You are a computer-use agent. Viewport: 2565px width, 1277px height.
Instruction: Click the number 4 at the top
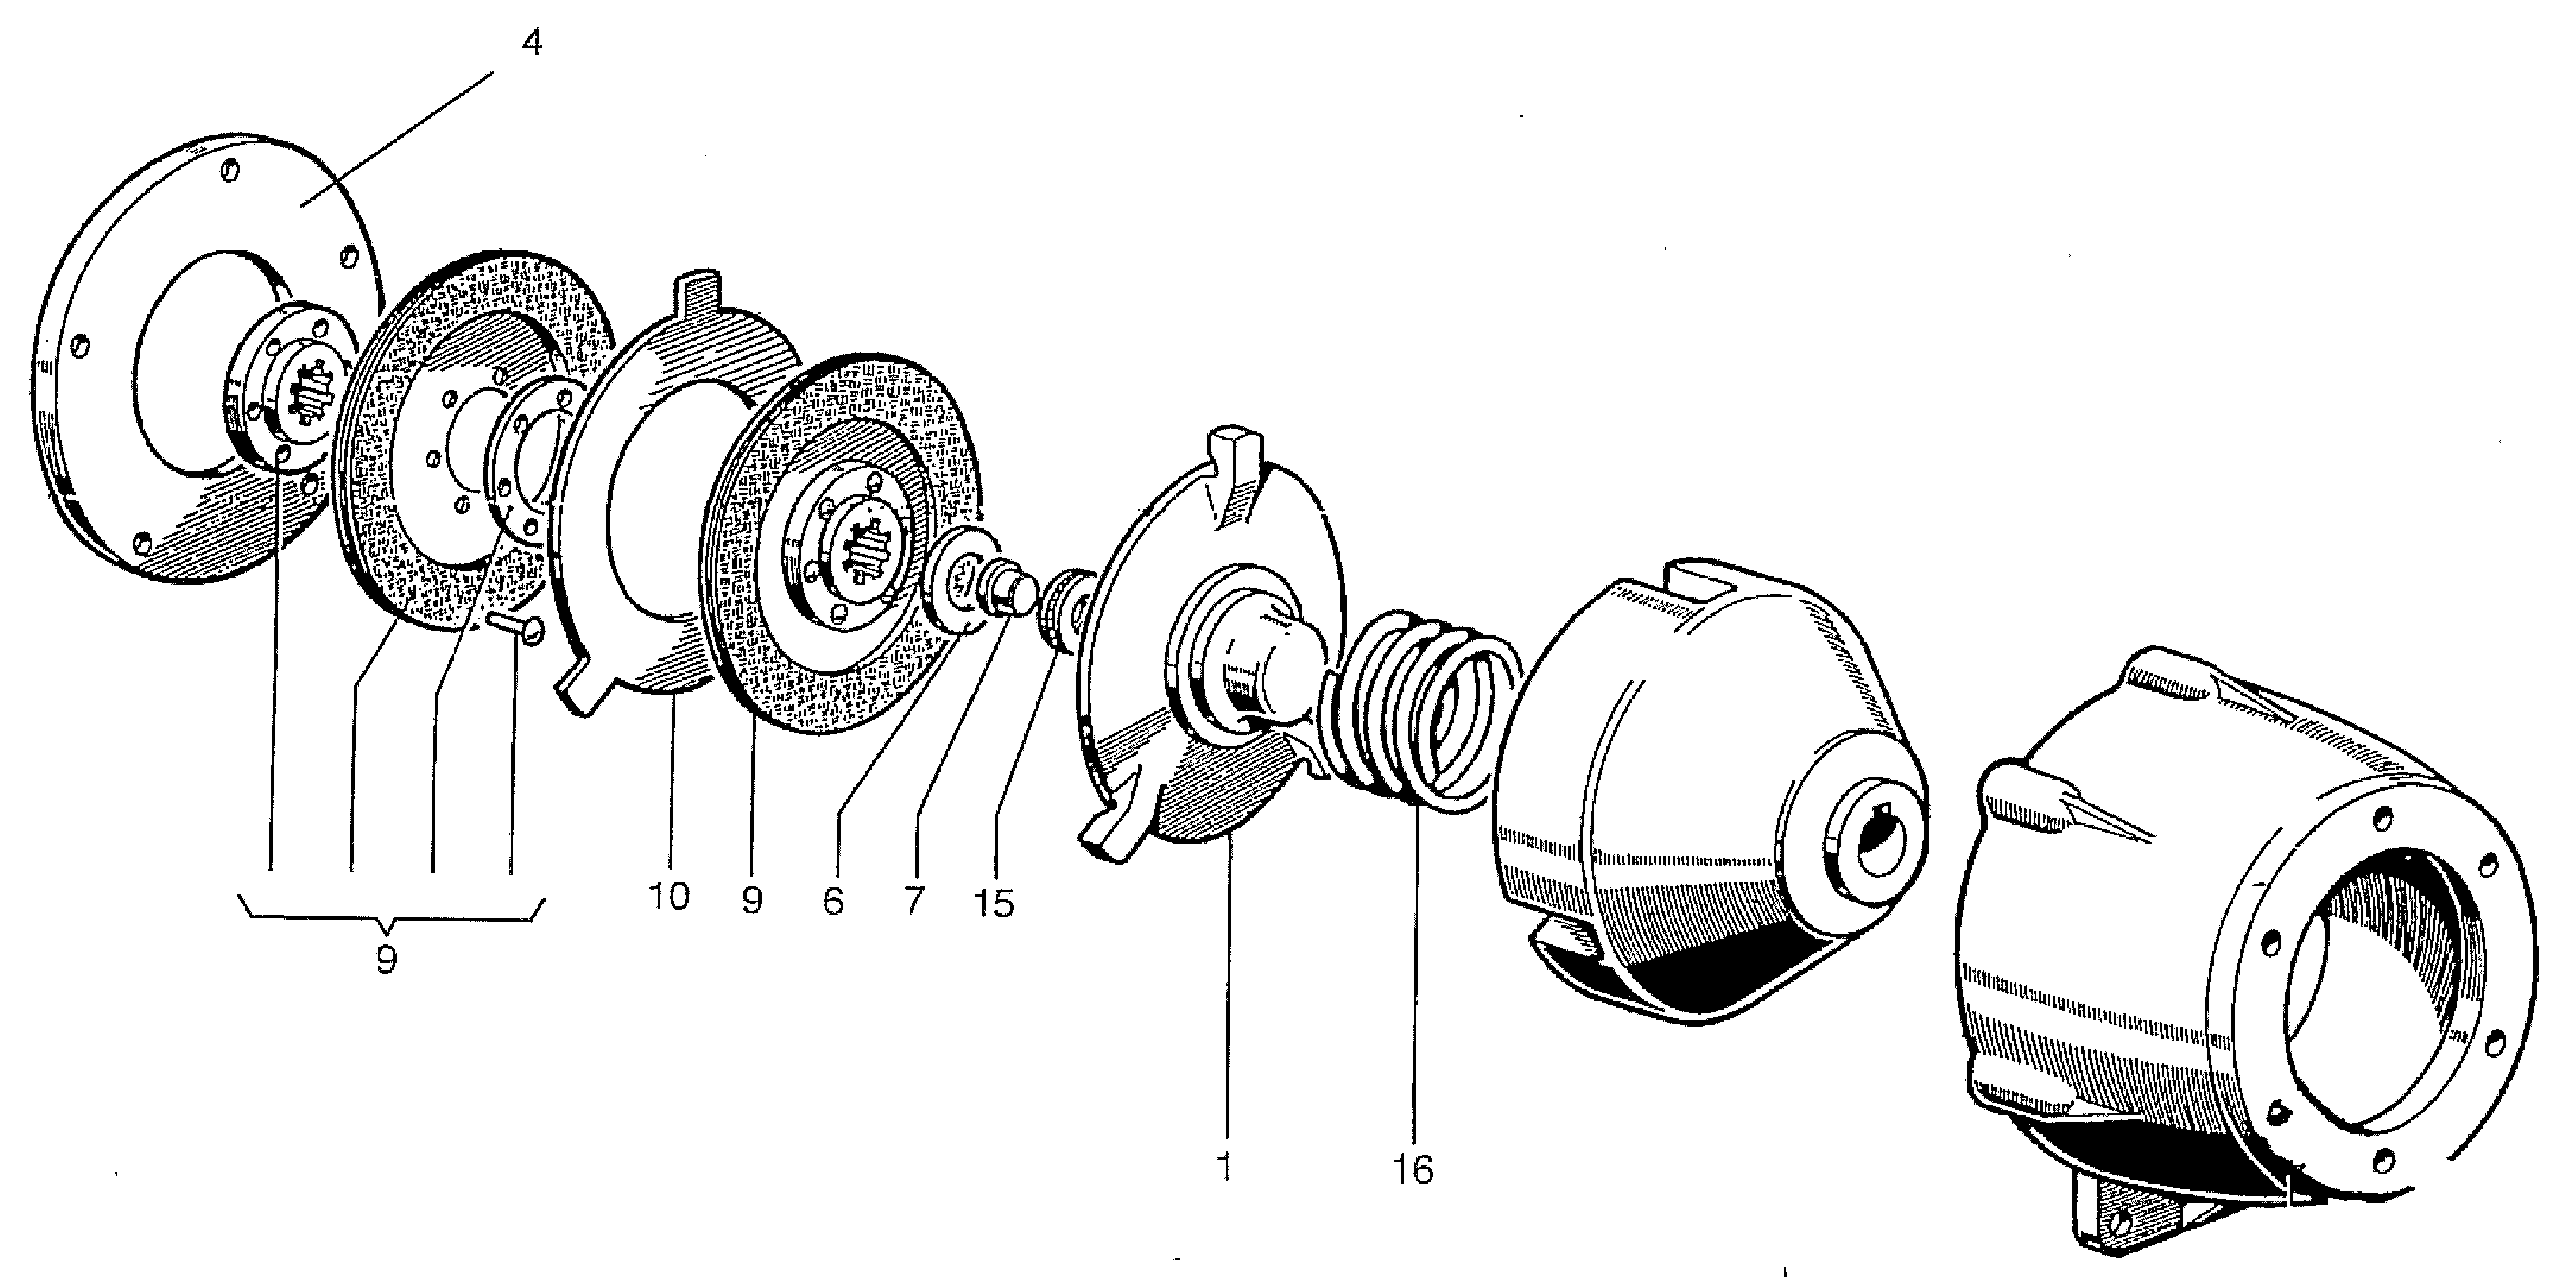533,44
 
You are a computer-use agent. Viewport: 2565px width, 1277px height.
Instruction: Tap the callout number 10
668,898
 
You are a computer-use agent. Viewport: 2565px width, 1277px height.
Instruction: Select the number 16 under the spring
1413,1169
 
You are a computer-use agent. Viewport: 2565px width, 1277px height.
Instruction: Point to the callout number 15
994,903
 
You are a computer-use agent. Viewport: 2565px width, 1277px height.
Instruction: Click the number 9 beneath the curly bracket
386,959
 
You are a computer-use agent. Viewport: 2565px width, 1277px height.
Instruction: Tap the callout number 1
1224,1166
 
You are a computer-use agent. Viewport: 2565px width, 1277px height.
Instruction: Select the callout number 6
834,902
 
